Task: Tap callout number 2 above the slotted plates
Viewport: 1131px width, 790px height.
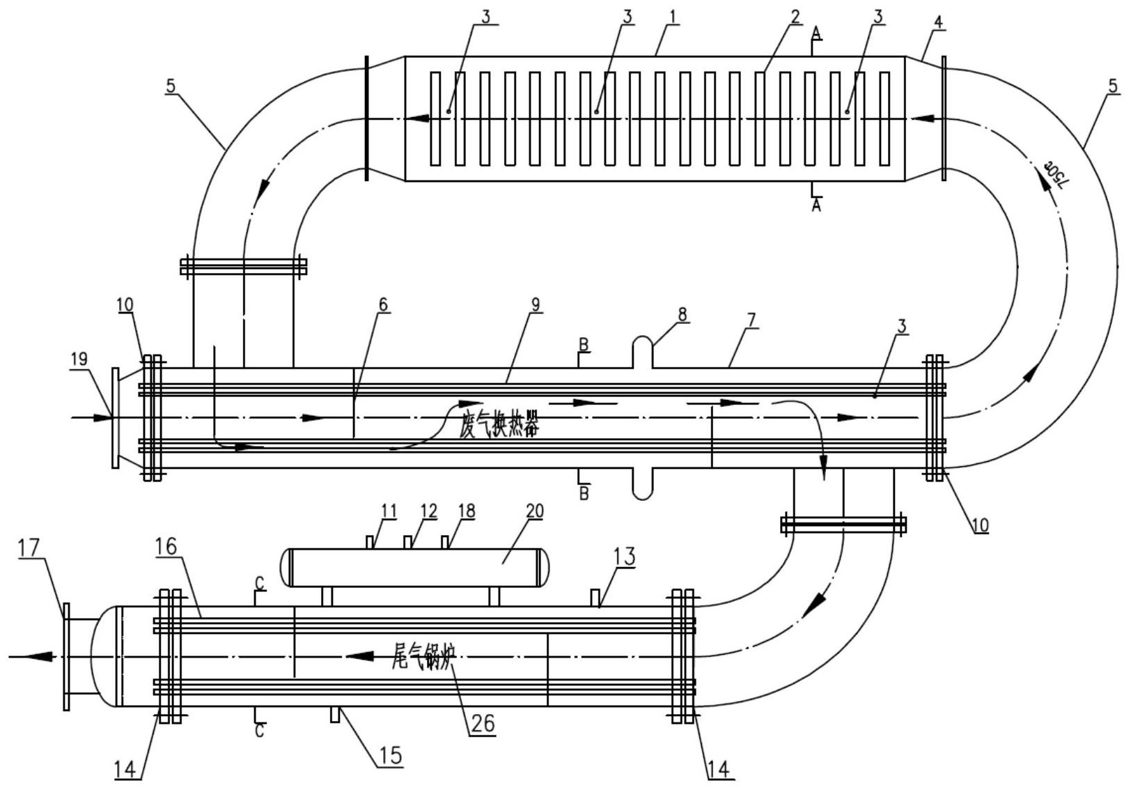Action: [x=795, y=15]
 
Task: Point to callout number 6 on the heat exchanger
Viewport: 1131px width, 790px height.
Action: [x=384, y=304]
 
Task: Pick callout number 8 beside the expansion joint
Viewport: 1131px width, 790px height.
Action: [x=682, y=314]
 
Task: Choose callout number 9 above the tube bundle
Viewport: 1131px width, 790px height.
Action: [x=535, y=304]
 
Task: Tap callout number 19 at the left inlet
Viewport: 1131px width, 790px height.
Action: [x=79, y=359]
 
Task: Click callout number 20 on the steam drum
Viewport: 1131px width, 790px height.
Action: [x=534, y=511]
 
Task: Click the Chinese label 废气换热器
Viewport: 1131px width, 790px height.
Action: [x=499, y=426]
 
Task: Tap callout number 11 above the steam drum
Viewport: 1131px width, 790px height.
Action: [x=389, y=511]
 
